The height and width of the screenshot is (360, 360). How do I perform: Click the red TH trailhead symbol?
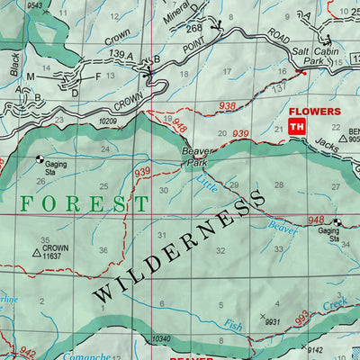(x=296, y=128)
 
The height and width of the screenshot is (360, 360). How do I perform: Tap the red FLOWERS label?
(x=314, y=112)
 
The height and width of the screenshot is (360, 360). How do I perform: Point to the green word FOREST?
(x=85, y=204)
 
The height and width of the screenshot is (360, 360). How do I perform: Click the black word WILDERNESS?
(x=181, y=244)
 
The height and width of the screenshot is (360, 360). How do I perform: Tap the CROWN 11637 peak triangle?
(x=37, y=255)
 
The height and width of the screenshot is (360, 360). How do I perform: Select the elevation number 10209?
(x=108, y=121)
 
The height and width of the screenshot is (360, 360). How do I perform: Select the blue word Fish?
(x=232, y=325)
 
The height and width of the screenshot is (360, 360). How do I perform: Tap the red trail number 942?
(x=27, y=352)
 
